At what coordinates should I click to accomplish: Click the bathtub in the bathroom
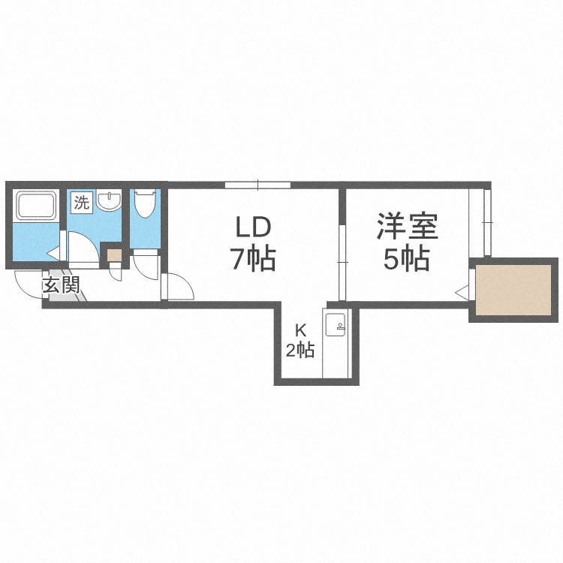pos(35,205)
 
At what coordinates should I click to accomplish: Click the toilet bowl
pos(145,203)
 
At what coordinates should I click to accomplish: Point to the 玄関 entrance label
pos(61,286)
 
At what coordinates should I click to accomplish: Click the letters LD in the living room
pos(253,227)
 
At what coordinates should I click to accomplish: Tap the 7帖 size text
pos(254,258)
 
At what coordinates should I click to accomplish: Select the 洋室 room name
pos(408,226)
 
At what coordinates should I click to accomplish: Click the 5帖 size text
pos(407,258)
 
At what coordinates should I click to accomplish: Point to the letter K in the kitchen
pos(300,330)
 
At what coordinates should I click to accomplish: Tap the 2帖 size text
pos(300,350)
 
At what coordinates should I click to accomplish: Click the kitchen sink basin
pos(336,324)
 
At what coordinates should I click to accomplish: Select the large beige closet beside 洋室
pos(513,290)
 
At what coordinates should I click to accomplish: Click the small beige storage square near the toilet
pos(115,255)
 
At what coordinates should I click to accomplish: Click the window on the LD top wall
pos(257,185)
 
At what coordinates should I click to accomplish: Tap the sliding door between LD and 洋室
pos(342,263)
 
